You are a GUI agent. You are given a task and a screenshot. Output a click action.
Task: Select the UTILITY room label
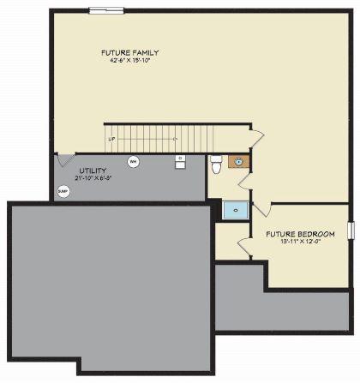(x=93, y=171)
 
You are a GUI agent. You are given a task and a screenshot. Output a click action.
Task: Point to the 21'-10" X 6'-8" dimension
(x=93, y=178)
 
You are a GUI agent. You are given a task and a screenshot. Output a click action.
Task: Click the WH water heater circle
(x=133, y=161)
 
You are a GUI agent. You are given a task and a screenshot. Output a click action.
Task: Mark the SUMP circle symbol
(x=63, y=191)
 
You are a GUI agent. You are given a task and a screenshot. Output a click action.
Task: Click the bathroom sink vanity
(x=238, y=161)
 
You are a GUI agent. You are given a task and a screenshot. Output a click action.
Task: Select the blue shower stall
(x=234, y=208)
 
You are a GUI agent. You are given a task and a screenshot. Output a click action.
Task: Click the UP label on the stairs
(x=111, y=138)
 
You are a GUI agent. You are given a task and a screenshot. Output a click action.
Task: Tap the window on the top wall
(x=106, y=10)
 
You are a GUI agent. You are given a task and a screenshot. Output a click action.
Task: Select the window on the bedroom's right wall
(x=350, y=230)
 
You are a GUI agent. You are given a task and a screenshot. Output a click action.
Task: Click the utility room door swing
(x=65, y=159)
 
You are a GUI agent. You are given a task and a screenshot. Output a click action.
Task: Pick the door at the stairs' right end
(x=255, y=137)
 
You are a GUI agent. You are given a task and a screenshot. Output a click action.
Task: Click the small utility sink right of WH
(x=181, y=161)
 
